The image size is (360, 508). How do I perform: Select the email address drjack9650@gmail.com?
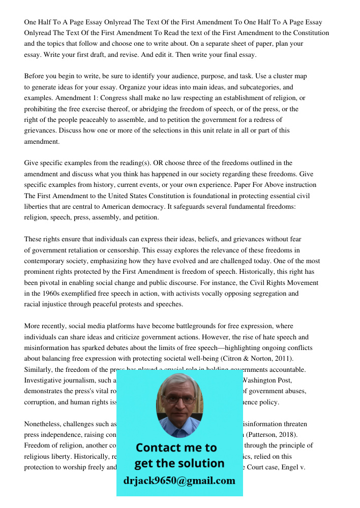[x=179, y=480]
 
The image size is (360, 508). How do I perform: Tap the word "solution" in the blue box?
[x=200, y=463]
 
